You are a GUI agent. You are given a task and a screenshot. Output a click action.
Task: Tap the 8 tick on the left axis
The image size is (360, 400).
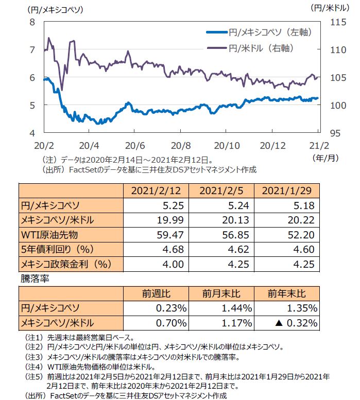32,22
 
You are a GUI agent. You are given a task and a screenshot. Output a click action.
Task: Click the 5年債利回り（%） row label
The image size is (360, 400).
61,250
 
